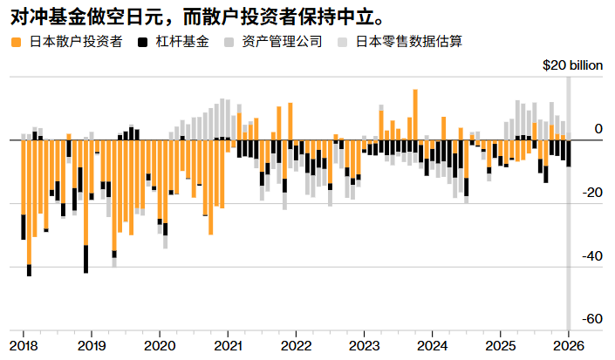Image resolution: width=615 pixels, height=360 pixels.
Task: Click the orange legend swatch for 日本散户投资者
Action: tap(16, 41)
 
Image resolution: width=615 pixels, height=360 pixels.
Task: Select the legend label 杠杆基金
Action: tap(182, 41)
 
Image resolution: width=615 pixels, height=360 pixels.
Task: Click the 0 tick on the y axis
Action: tap(598, 129)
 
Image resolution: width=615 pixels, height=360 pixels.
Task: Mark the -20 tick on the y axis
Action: tap(592, 193)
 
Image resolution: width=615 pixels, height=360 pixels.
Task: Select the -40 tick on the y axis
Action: tap(592, 256)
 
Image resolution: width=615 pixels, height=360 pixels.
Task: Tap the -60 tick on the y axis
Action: tap(592, 319)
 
